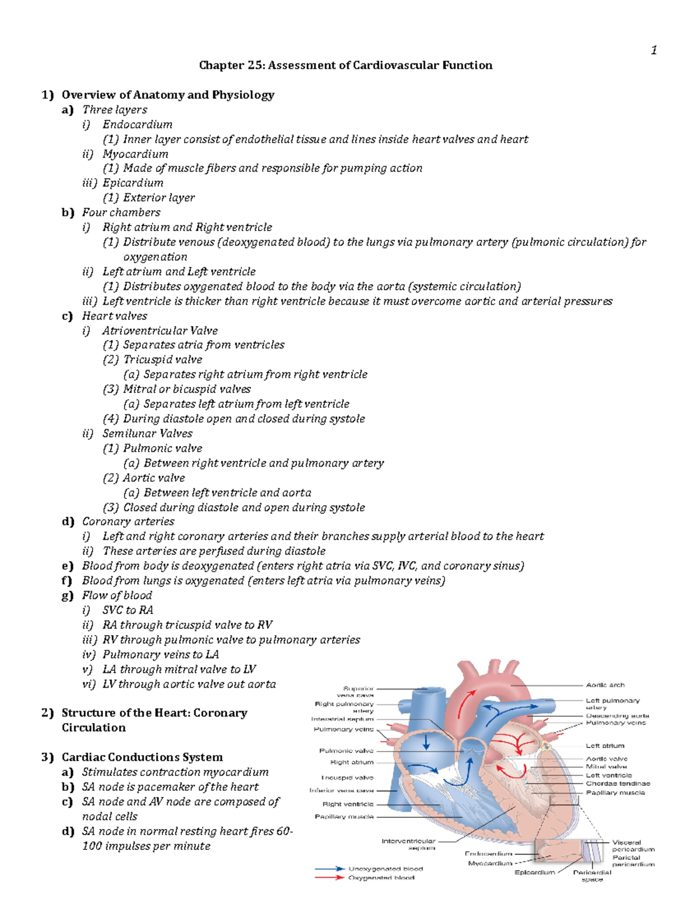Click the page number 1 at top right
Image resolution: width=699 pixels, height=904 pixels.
654,50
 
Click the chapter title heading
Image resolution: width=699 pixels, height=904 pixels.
345,65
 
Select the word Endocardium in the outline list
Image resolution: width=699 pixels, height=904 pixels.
137,124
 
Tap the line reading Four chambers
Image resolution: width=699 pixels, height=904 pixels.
121,212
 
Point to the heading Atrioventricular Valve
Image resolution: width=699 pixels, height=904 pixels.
160,331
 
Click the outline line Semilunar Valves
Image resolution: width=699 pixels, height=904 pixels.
147,433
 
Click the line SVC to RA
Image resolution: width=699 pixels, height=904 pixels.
128,610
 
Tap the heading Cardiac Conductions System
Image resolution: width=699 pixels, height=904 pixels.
142,757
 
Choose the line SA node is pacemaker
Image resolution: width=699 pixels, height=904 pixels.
170,787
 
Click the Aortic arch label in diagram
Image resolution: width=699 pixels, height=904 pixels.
605,685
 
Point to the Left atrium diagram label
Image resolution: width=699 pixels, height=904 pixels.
605,746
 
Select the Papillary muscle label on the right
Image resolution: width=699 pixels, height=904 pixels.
615,793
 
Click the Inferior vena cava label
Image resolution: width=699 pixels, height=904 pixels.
341,790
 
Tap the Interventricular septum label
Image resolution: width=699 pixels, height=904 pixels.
408,844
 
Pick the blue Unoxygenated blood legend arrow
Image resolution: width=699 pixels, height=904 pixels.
330,868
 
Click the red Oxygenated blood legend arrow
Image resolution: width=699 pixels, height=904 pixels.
330,877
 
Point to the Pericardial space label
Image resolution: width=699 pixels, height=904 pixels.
592,875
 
